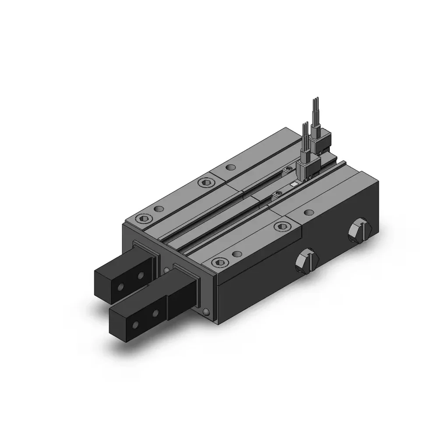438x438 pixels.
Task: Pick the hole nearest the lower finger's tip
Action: pyautogui.click(x=136, y=325)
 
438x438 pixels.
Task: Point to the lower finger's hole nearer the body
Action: pyautogui.click(x=155, y=313)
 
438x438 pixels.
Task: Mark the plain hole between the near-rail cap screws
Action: pyautogui.click(x=237, y=254)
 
